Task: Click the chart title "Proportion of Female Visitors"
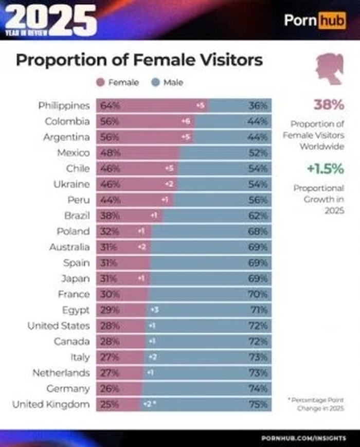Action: click(x=139, y=60)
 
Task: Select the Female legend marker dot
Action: click(x=100, y=82)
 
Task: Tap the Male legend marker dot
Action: click(x=155, y=82)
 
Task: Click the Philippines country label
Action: click(x=64, y=106)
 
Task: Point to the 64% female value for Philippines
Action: click(x=110, y=106)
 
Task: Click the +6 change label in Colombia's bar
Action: click(x=186, y=122)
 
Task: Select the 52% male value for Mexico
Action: click(x=258, y=153)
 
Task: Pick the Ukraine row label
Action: click(x=71, y=184)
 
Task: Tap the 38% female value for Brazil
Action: click(x=110, y=216)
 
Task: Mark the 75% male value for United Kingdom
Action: click(x=258, y=404)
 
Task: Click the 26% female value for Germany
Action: click(x=110, y=388)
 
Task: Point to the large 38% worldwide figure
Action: click(x=328, y=105)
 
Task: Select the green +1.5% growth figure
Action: click(x=325, y=169)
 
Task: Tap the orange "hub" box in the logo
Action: click(x=332, y=21)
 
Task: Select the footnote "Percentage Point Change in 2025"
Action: click(x=315, y=404)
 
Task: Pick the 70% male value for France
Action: click(x=258, y=294)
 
